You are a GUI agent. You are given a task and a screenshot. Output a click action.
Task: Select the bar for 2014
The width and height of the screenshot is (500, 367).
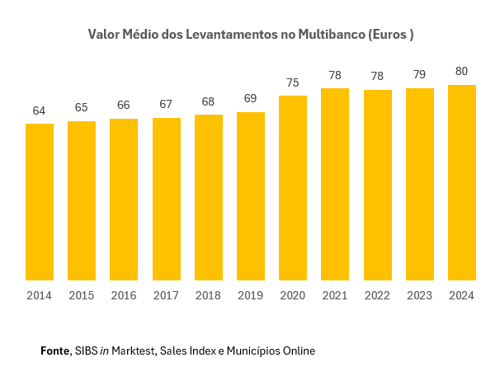pyautogui.click(x=40, y=202)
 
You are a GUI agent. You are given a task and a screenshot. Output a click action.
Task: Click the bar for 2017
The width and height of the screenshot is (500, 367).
pyautogui.click(x=167, y=199)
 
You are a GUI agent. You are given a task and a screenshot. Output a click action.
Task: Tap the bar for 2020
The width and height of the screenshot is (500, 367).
pyautogui.click(x=293, y=188)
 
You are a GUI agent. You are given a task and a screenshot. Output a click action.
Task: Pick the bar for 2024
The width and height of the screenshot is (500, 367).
pyautogui.click(x=462, y=182)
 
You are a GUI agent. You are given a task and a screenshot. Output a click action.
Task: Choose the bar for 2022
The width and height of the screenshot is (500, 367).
pyautogui.click(x=378, y=185)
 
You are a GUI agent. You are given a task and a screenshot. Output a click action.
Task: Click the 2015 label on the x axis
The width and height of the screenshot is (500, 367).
pyautogui.click(x=82, y=295)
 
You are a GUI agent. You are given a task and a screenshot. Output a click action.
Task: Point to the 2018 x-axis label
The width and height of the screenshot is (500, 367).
pyautogui.click(x=209, y=295)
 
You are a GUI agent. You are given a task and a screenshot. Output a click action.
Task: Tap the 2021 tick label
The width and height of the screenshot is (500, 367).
pyautogui.click(x=335, y=295)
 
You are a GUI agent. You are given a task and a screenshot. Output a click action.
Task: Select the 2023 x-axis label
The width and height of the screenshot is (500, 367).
pyautogui.click(x=420, y=295)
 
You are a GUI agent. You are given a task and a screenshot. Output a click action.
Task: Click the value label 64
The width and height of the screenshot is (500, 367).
pyautogui.click(x=40, y=111)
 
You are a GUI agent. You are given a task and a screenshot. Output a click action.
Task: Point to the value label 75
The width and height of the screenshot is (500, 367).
pyautogui.click(x=293, y=82)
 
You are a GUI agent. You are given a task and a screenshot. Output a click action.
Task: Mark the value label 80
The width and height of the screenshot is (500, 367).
pyautogui.click(x=462, y=72)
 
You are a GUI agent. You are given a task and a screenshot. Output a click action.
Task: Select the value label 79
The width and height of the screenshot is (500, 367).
pyautogui.click(x=420, y=75)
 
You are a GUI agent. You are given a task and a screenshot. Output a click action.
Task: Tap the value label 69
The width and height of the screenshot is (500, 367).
pyautogui.click(x=251, y=99)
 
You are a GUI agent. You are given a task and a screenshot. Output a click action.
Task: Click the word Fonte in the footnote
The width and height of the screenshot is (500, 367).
pyautogui.click(x=54, y=351)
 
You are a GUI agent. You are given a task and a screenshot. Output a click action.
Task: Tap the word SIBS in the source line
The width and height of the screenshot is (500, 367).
pyautogui.click(x=86, y=351)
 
